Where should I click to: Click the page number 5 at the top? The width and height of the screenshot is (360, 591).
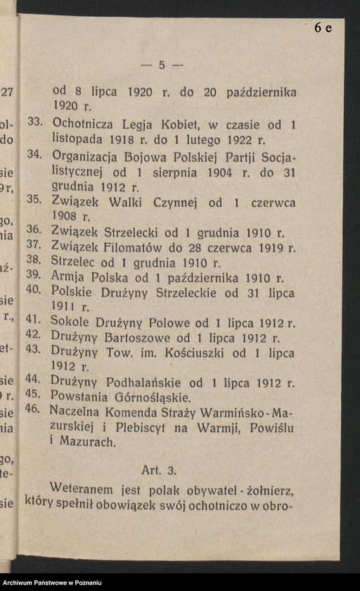pyautogui.click(x=162, y=65)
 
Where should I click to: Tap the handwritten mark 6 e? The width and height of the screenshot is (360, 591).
pyautogui.click(x=323, y=27)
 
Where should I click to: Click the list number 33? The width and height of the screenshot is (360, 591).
pyautogui.click(x=36, y=122)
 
